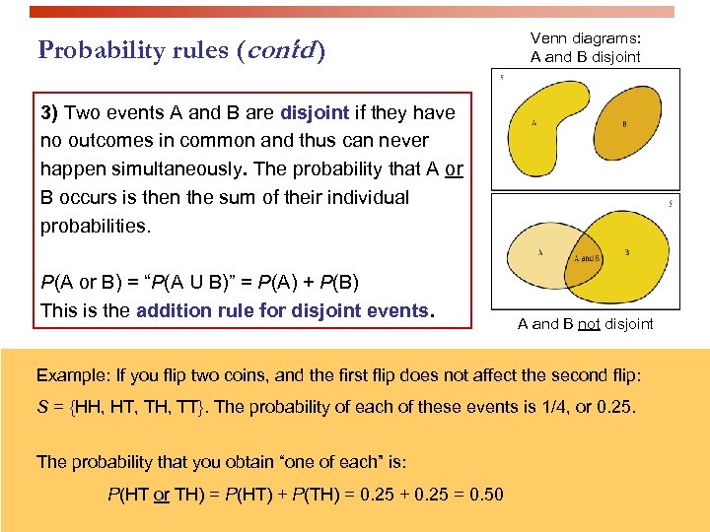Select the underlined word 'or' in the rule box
[x=454, y=169]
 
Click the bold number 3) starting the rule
[x=50, y=112]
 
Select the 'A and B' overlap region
[x=589, y=257]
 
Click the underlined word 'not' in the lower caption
[x=590, y=324]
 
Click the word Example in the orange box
[x=68, y=375]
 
